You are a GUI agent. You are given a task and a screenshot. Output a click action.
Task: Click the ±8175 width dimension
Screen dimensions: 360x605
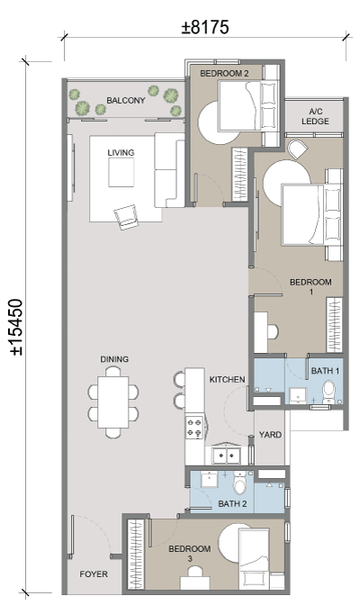[x=205, y=27]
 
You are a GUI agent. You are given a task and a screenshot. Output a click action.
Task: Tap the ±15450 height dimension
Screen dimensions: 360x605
[x=16, y=327]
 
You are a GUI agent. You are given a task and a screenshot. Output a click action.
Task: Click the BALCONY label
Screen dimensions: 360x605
[x=126, y=100]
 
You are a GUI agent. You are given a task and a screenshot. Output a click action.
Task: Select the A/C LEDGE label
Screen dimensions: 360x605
[x=315, y=116]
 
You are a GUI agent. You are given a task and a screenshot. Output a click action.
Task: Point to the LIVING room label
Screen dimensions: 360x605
[x=121, y=152]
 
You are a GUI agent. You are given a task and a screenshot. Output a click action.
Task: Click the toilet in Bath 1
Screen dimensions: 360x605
[x=329, y=391]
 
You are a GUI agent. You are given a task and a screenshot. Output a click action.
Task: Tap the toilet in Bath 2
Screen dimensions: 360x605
[x=240, y=483]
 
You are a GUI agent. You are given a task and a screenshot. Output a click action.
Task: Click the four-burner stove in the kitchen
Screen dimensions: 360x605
[x=194, y=427]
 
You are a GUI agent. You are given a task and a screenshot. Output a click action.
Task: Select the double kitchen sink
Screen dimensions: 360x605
[x=227, y=456]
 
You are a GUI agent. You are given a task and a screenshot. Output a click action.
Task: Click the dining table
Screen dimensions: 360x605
[x=113, y=402]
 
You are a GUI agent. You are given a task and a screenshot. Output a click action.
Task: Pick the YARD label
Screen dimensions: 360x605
[x=270, y=435]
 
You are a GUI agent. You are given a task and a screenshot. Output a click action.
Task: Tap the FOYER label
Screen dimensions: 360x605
[x=94, y=574]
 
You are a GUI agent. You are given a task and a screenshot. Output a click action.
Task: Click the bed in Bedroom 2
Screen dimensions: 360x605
[x=248, y=106]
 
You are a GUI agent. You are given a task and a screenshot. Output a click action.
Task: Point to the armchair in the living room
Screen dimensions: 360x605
[x=126, y=217]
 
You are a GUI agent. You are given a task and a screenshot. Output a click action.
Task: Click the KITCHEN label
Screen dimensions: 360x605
[x=227, y=380]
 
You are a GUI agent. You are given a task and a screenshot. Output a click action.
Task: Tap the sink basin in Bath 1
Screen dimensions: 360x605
[x=298, y=395]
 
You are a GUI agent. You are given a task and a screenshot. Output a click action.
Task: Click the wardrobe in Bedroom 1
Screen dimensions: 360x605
[x=334, y=325]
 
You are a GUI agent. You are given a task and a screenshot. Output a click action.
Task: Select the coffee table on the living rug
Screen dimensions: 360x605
[x=121, y=172]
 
